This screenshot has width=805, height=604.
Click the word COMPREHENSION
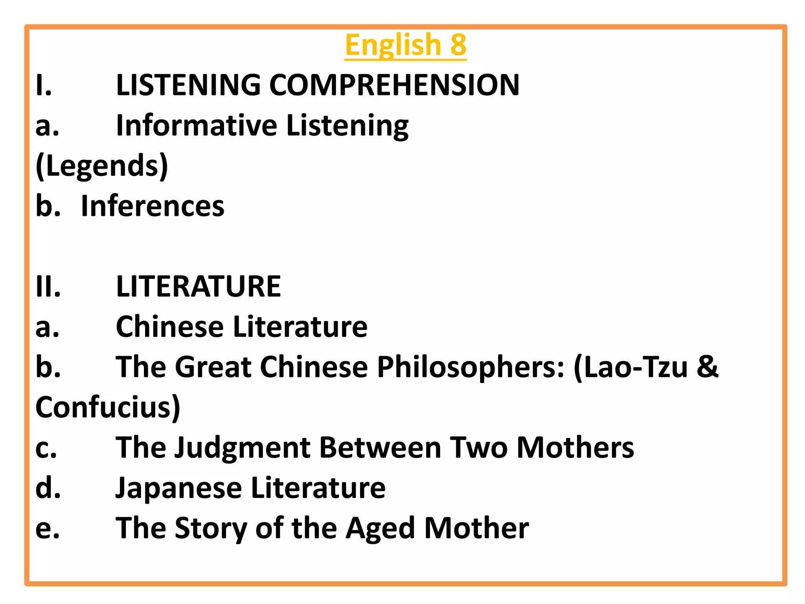tap(394, 85)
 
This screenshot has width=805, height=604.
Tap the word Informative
tap(197, 125)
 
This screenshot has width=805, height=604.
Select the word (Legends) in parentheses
tap(102, 166)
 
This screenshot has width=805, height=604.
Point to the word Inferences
tap(153, 206)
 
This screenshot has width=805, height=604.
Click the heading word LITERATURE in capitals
tap(198, 286)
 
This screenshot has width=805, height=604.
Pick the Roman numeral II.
tap(48, 286)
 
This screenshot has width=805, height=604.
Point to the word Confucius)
tap(108, 407)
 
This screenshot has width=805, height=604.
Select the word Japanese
tap(178, 488)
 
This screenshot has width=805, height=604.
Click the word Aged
tap(380, 528)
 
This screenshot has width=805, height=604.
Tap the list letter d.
tap(48, 488)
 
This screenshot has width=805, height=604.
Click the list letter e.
tap(48, 529)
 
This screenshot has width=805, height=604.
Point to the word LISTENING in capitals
tap(188, 85)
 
